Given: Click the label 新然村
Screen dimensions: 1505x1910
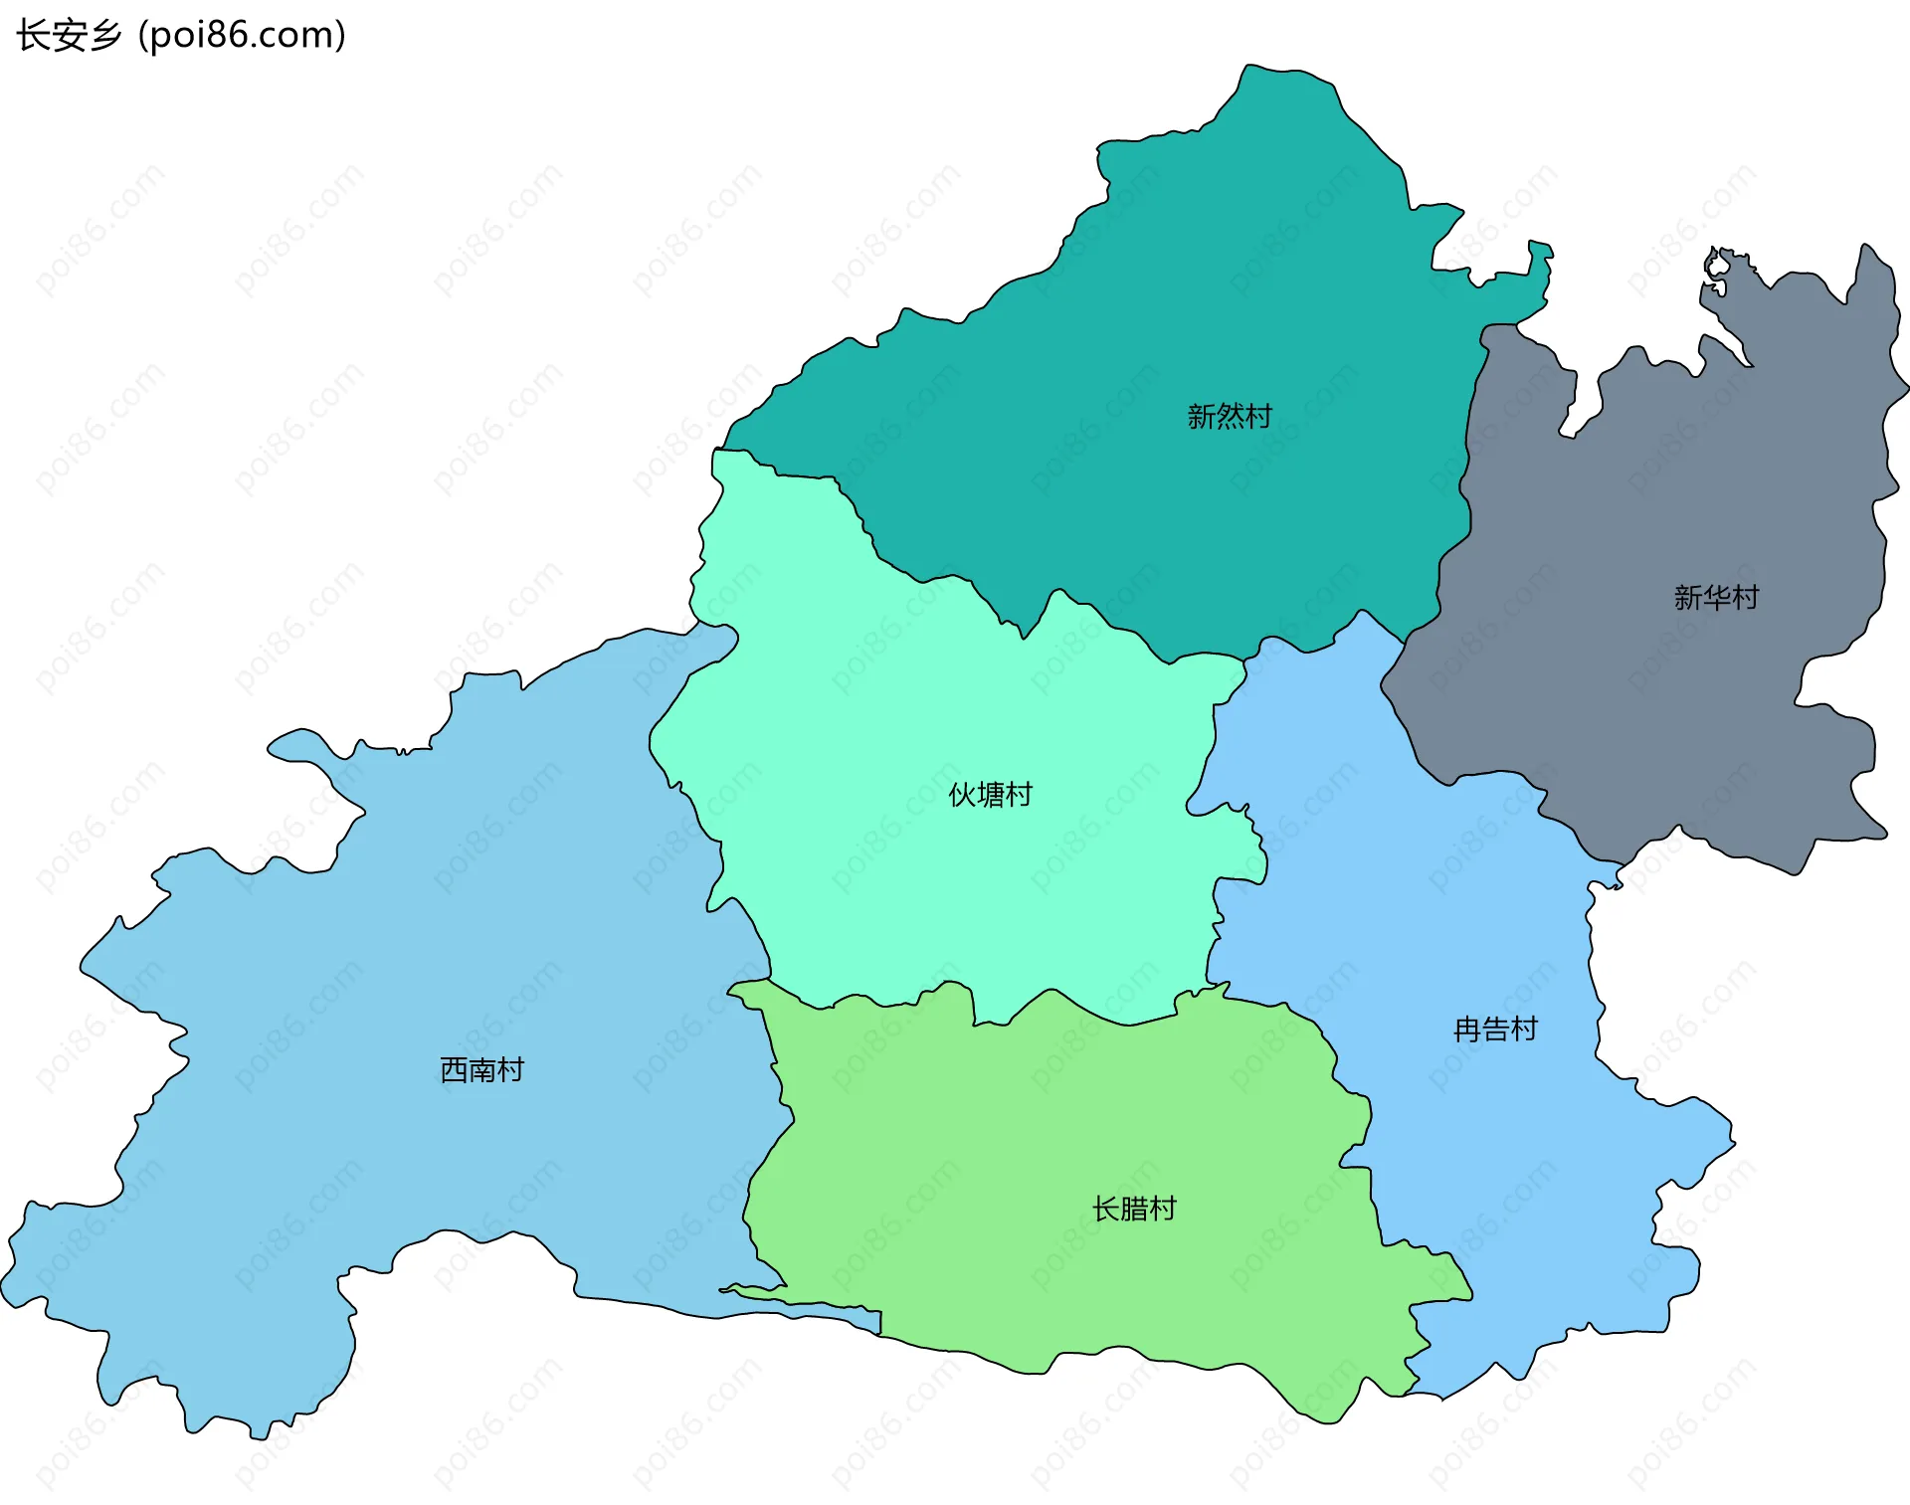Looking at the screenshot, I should pyautogui.click(x=1230, y=416).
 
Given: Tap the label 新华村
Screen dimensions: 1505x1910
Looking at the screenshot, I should pyautogui.click(x=1716, y=597).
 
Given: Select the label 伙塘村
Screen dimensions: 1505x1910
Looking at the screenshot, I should pyautogui.click(x=990, y=795).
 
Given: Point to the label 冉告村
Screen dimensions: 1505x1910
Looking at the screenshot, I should pyautogui.click(x=1495, y=1029).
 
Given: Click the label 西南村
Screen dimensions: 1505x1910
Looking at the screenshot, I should pyautogui.click(x=481, y=1069).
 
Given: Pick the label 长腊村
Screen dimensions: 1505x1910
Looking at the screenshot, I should pyautogui.click(x=1134, y=1209).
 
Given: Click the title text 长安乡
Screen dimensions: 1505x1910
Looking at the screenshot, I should pyautogui.click(x=69, y=35).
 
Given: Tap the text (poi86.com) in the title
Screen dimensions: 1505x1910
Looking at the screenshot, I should pyautogui.click(x=242, y=35).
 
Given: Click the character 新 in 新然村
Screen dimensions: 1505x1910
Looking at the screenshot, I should pyautogui.click(x=1202, y=416).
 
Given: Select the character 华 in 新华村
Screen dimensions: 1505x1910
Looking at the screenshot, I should pyautogui.click(x=1716, y=597).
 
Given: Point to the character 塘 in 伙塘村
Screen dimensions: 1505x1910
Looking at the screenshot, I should pyautogui.click(x=991, y=795).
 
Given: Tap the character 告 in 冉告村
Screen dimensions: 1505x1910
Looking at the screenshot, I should pyautogui.click(x=1495, y=1029).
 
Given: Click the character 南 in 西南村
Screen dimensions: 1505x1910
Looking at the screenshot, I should pyautogui.click(x=481, y=1069).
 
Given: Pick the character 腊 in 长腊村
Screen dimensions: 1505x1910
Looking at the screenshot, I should pyautogui.click(x=1134, y=1209).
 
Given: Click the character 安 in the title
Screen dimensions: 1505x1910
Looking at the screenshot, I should pyautogui.click(x=69, y=35).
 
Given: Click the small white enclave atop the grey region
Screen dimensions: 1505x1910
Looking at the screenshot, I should pyautogui.click(x=1717, y=265).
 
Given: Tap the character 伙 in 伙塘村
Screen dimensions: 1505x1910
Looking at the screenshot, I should pyautogui.click(x=962, y=795).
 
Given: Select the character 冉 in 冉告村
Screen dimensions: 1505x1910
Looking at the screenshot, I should pyautogui.click(x=1467, y=1029).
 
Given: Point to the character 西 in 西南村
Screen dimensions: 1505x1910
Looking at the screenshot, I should pyautogui.click(x=454, y=1069).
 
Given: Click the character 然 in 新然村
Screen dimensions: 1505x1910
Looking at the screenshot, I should pyautogui.click(x=1230, y=416).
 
